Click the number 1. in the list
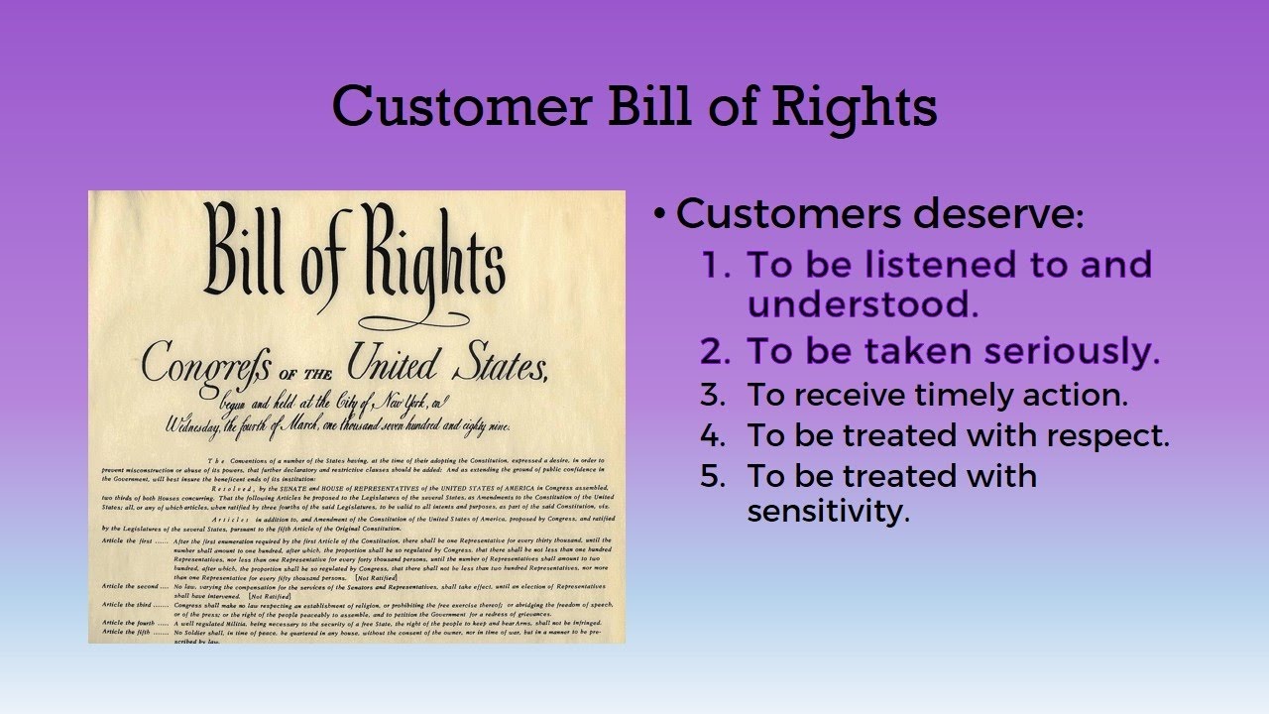tap(717, 265)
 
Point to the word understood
tap(863, 304)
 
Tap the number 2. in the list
tap(717, 351)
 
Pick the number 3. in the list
tap(713, 395)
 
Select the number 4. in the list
tap(713, 434)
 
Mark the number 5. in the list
tap(713, 475)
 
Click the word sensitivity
tap(828, 513)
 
